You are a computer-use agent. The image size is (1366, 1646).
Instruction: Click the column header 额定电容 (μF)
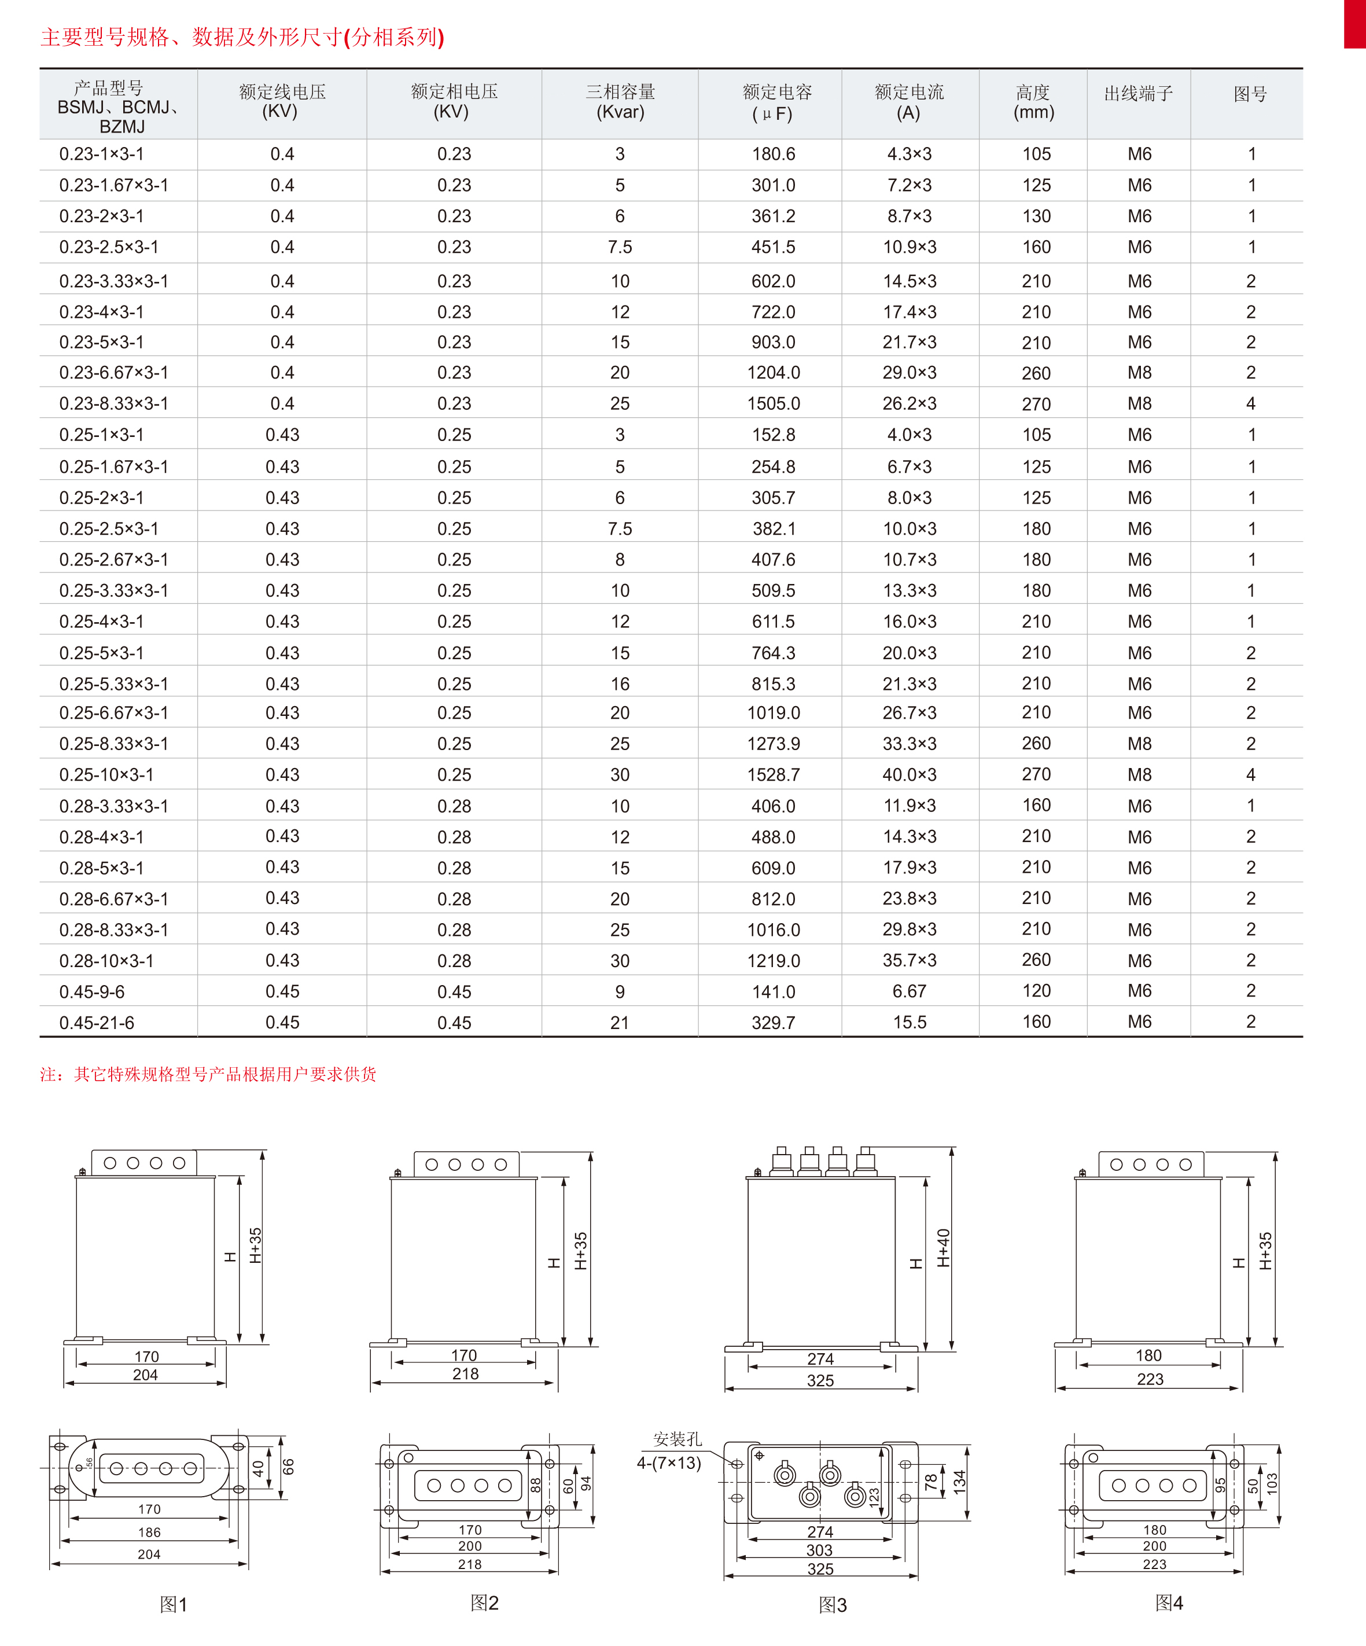tap(776, 102)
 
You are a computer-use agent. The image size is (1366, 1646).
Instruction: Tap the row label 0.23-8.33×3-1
tap(113, 403)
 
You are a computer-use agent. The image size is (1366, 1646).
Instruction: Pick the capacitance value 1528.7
tap(773, 775)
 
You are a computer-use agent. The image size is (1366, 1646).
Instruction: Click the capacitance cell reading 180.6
tap(773, 155)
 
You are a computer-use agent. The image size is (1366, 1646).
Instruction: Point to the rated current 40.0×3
tap(909, 775)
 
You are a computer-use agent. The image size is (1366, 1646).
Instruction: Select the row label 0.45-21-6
tap(97, 1023)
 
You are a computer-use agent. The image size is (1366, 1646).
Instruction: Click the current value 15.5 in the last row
tap(909, 1023)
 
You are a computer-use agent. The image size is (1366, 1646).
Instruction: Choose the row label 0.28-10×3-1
tap(106, 961)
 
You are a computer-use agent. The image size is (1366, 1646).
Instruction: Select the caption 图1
tap(173, 1604)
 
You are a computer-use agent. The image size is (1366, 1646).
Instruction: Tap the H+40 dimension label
tap(944, 1248)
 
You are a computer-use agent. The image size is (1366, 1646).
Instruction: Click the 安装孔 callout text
tap(677, 1439)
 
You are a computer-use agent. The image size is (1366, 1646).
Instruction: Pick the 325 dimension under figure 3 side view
tap(820, 1380)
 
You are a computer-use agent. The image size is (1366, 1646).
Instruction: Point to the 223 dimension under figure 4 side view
tap(1150, 1379)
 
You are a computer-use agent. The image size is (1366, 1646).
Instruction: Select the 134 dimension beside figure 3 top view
tap(959, 1482)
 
